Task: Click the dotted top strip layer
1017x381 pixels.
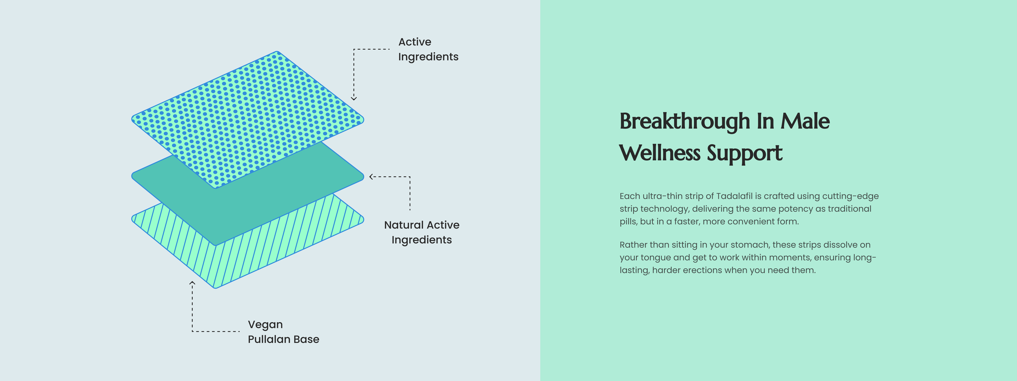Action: (x=247, y=119)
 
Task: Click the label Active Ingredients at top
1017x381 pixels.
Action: (x=428, y=49)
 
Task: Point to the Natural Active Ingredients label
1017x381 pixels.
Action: (x=422, y=232)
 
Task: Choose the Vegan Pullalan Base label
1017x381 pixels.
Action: (x=284, y=332)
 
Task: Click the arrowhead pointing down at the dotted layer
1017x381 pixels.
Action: (x=354, y=98)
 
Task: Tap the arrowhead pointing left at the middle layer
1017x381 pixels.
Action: (x=371, y=177)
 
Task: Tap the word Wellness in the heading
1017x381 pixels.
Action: (x=660, y=153)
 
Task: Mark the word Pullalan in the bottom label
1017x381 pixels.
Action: (x=269, y=339)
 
